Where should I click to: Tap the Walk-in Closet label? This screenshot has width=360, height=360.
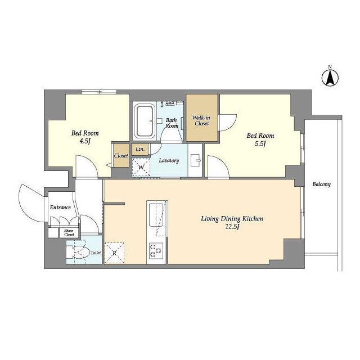point(201,120)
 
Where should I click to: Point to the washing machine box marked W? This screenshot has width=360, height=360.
point(141,167)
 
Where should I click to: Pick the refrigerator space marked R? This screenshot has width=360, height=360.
point(114,253)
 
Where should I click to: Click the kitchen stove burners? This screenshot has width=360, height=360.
point(156,250)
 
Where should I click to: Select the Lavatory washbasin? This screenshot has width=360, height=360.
point(196,160)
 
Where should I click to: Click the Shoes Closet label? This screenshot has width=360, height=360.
point(69,232)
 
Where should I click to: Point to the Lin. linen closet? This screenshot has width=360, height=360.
point(140,149)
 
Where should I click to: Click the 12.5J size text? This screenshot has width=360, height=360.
point(232,227)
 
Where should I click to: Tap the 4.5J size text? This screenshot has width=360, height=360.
point(85,141)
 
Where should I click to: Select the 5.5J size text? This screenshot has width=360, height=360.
point(260,143)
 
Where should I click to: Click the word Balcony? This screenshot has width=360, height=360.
point(321,184)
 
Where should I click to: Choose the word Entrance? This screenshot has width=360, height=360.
point(60,208)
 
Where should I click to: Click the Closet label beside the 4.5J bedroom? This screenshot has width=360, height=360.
point(121,156)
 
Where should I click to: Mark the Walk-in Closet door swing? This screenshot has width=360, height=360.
point(228,123)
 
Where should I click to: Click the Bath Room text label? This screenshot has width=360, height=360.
point(172,123)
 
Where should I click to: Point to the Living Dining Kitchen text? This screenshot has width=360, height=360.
point(232,219)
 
